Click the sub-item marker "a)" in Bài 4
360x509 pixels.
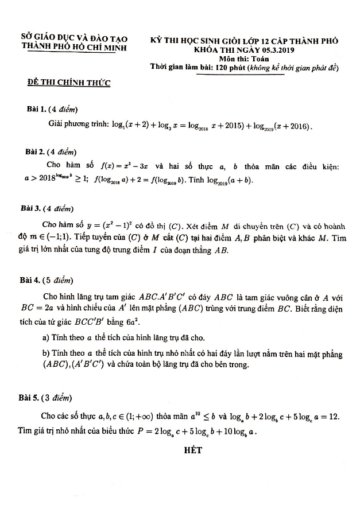tap(46, 337)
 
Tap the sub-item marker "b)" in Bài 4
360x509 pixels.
tap(46, 352)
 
